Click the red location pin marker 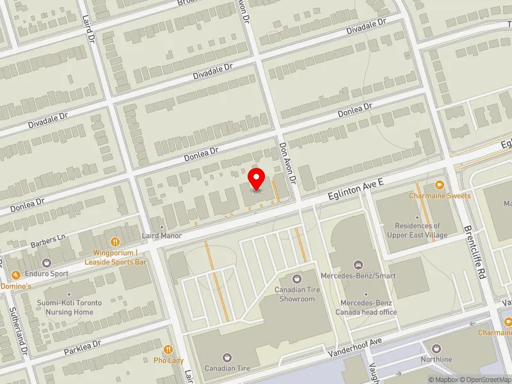coord(257,179)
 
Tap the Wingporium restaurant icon coord(116,242)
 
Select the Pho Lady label coord(168,360)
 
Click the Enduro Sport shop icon coord(46,262)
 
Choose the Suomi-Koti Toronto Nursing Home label coord(69,308)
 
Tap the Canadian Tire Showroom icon coord(296,278)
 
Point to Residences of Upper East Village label coord(417,230)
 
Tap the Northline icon coord(437,349)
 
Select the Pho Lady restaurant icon coord(168,349)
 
